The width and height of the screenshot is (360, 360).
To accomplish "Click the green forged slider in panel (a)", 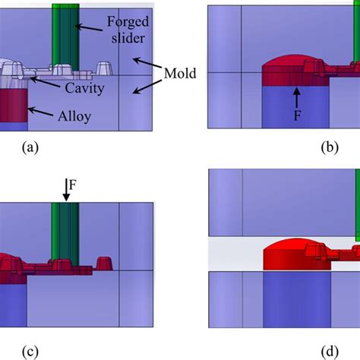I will tap(65, 34).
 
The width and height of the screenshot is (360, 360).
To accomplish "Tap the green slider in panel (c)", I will tap(66, 228).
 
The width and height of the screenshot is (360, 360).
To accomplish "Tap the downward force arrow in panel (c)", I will tap(66, 193).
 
